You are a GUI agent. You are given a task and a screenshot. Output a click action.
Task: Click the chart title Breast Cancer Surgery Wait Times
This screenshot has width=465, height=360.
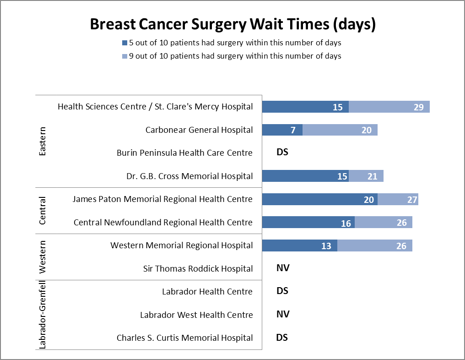232,24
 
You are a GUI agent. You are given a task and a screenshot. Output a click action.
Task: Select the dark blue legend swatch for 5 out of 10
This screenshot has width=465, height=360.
124,43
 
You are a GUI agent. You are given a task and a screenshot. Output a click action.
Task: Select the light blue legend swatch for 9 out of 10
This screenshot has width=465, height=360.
124,56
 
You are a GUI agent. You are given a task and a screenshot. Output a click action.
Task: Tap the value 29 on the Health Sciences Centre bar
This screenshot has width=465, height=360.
419,107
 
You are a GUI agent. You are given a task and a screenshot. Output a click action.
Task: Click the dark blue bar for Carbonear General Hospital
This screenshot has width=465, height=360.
282,130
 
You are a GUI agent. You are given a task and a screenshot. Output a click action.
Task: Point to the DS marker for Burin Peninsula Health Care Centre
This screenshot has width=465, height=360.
282,152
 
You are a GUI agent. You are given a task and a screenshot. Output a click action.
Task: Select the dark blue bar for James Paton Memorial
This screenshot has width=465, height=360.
319,199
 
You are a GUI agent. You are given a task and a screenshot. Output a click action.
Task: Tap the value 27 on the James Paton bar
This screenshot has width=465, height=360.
407,200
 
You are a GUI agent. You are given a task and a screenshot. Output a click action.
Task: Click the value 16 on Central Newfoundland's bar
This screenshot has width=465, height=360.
346,223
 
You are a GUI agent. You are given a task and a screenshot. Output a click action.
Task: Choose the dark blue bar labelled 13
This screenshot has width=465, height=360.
299,245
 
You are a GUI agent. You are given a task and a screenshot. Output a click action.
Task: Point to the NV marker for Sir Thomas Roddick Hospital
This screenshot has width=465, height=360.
283,268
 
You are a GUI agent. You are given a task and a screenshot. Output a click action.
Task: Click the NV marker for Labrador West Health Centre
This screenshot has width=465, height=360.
283,314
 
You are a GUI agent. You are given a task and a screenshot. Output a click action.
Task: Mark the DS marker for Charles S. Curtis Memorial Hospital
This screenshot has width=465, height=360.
282,338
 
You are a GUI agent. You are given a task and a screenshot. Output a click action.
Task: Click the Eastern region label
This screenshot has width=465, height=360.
43,141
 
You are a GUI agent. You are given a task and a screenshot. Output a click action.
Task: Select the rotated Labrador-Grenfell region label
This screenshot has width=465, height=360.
43,315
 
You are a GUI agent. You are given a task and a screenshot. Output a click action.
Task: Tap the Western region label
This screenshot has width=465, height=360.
43,257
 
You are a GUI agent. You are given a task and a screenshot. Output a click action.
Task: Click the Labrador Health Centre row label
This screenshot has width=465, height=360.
207,292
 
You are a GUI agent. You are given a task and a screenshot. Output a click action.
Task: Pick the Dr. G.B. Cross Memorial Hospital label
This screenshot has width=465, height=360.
189,176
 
